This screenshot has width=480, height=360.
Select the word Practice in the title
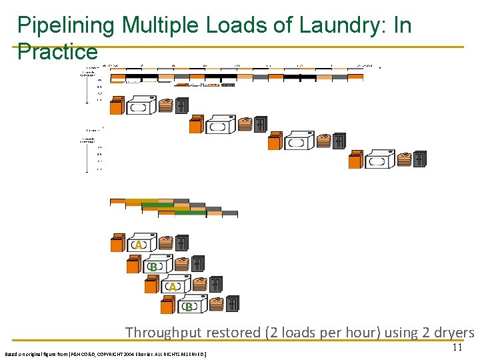click(x=57, y=51)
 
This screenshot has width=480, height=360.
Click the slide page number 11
click(x=457, y=347)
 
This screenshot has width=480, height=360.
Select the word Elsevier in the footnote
click(x=160, y=354)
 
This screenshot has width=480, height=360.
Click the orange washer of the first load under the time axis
click(x=117, y=105)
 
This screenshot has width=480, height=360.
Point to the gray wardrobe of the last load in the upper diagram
click(x=419, y=159)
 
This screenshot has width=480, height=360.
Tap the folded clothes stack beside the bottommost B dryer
click(x=217, y=305)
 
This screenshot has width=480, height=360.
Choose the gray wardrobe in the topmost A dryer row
click(x=181, y=243)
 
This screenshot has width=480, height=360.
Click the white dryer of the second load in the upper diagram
click(x=219, y=125)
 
